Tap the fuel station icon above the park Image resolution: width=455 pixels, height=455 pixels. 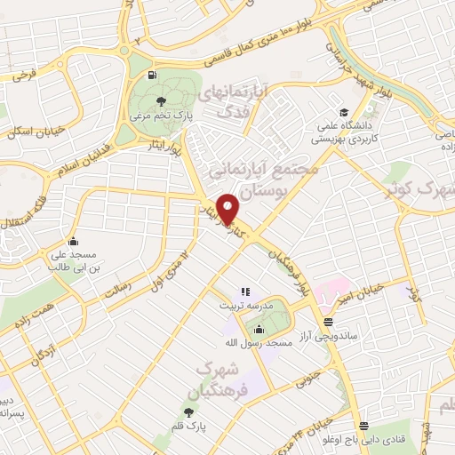(154, 75)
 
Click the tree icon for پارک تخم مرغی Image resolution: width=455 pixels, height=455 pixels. (160, 100)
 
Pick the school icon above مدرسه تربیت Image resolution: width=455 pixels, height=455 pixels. (245, 291)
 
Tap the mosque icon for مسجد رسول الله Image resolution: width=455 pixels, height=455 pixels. (259, 329)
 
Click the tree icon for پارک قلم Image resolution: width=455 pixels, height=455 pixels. (188, 411)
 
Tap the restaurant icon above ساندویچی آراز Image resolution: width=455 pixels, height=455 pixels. (329, 321)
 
